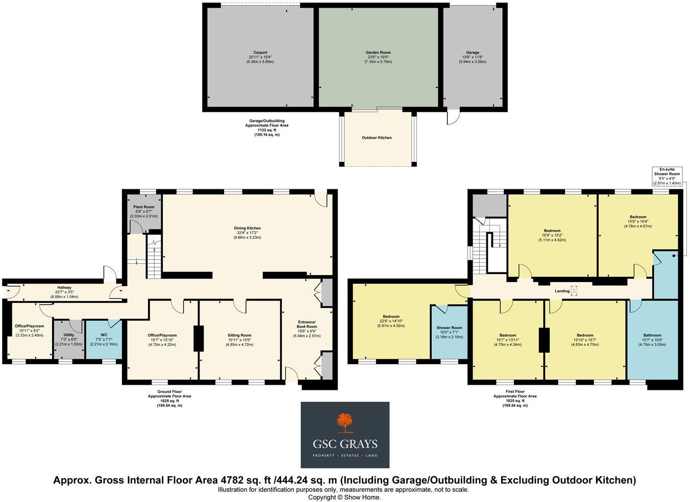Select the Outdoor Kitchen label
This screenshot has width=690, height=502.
tap(377, 138)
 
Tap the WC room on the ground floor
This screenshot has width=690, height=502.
tap(104, 339)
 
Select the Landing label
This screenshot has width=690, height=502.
tap(562, 291)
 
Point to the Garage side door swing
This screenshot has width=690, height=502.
tap(453, 117)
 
